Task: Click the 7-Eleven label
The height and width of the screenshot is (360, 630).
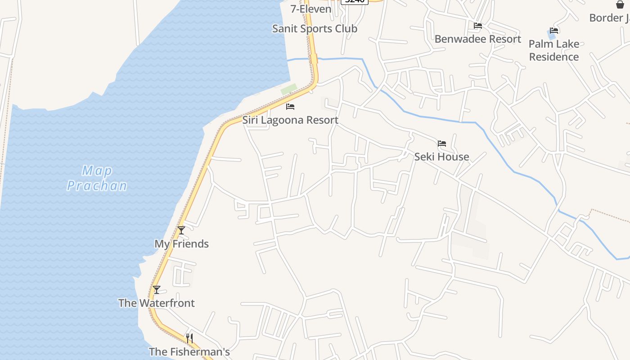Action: pos(310,9)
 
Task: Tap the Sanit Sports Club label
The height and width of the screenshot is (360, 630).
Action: pos(315,29)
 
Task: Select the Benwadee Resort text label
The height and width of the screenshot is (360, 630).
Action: pos(477,39)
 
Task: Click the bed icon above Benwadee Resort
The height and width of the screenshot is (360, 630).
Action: pos(478,26)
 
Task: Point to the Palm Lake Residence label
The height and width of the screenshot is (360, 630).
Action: pos(553,50)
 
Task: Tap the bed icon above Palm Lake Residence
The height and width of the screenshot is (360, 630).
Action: pos(554,31)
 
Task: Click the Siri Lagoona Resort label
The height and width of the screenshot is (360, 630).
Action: pos(290,120)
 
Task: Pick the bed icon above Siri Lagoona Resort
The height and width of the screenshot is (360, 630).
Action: pos(290,107)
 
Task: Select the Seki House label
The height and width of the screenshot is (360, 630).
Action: pos(441,157)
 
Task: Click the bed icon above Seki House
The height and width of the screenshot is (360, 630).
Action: pos(442,144)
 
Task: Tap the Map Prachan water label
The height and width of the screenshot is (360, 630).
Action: pos(97,178)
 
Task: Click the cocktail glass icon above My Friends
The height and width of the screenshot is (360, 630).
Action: pos(181,230)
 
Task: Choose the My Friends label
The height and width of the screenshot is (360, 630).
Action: pos(181,244)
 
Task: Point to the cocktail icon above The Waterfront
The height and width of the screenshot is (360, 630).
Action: pos(157,290)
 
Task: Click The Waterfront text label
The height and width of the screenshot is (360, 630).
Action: pos(157,303)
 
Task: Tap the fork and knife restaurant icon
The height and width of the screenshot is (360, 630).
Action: pos(189,338)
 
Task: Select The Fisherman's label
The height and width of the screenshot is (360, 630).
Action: pos(189,352)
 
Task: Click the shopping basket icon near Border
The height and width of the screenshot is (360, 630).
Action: pos(620,4)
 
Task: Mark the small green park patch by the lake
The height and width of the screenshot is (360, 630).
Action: pos(289,89)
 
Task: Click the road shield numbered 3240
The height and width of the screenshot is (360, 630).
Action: pos(355,1)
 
